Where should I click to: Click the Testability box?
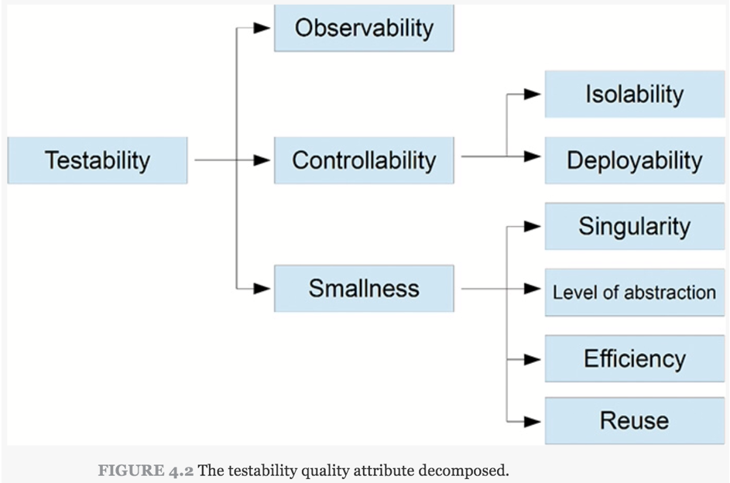(x=98, y=160)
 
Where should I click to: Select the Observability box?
(x=364, y=28)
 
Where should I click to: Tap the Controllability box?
(x=364, y=160)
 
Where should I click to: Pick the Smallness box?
(x=364, y=288)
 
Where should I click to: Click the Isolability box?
(x=635, y=94)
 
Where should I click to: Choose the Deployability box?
(x=635, y=160)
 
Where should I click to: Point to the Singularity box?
(x=635, y=226)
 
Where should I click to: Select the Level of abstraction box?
(x=635, y=293)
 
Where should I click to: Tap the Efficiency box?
(x=635, y=358)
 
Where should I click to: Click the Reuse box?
(x=635, y=420)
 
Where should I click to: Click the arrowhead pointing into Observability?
(x=262, y=28)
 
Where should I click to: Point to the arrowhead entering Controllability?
(x=262, y=160)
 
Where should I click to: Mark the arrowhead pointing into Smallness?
(x=262, y=289)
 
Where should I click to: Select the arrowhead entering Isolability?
(x=532, y=94)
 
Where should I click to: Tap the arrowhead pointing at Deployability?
(x=532, y=156)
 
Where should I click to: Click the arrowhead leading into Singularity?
(x=532, y=227)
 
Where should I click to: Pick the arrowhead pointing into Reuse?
(x=532, y=422)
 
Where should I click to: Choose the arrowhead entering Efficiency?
(x=532, y=359)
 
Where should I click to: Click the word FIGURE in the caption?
(x=131, y=471)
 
